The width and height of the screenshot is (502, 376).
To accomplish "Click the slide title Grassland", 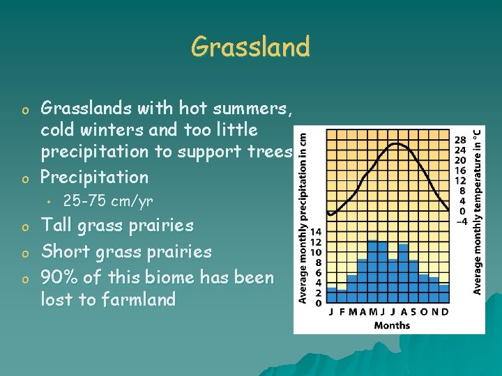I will pos(250,47).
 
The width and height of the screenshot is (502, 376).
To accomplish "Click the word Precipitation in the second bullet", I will pos(94,177).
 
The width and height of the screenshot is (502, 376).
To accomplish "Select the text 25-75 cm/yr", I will pos(108,201).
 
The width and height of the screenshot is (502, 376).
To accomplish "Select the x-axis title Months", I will pos(392,325).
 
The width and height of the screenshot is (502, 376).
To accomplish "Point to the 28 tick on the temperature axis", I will pos(462,139).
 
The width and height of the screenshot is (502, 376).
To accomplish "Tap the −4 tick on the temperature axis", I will pos(462,221).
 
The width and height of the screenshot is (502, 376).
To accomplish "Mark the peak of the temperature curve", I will pos(396,143).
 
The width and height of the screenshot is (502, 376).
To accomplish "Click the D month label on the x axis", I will pos(445,312).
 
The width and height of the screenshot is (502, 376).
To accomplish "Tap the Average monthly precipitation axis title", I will pos(303,217).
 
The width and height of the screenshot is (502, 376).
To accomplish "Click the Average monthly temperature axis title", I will pos(478,210).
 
